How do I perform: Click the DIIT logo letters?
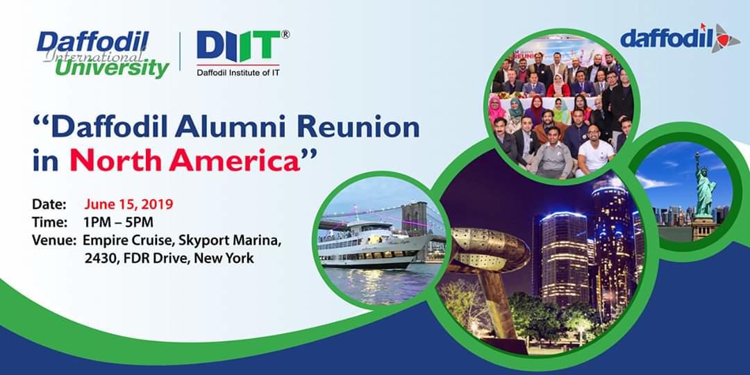[238, 47]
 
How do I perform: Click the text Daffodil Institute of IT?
[238, 73]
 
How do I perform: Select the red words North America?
[185, 162]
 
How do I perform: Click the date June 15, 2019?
[128, 205]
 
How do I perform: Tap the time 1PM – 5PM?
[118, 222]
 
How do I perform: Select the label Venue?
[54, 240]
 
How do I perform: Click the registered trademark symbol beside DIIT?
[285, 35]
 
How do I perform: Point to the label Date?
[49, 205]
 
